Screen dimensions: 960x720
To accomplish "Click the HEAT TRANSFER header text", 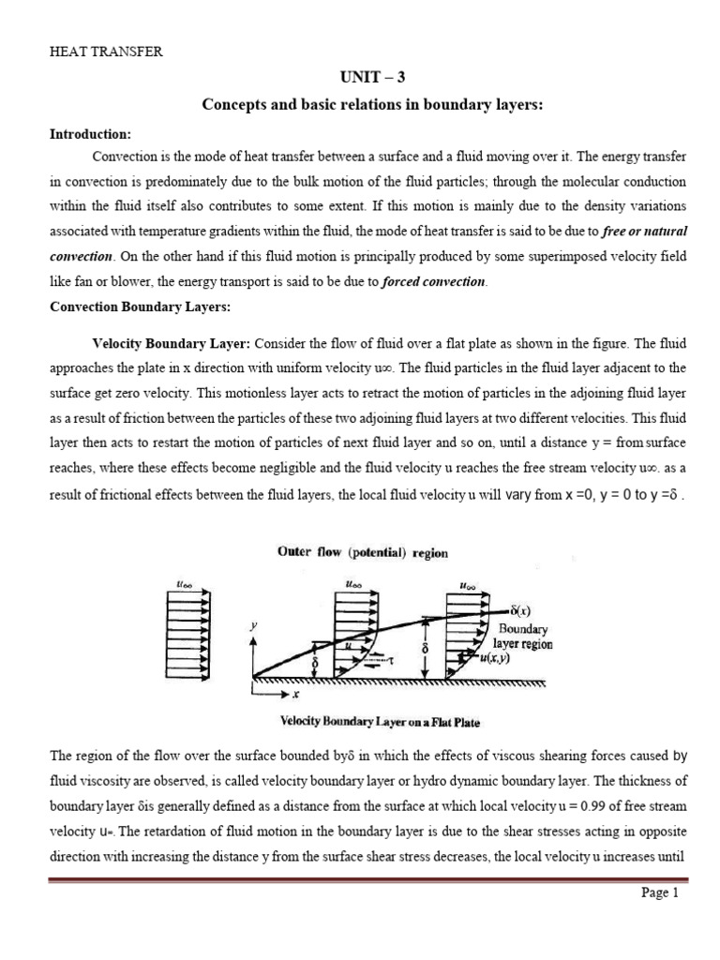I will click(106, 52).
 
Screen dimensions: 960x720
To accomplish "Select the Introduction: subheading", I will click(90, 133).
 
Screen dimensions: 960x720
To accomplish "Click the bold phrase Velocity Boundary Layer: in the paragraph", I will click(171, 344).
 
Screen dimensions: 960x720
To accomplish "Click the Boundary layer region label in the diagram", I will click(525, 637).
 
